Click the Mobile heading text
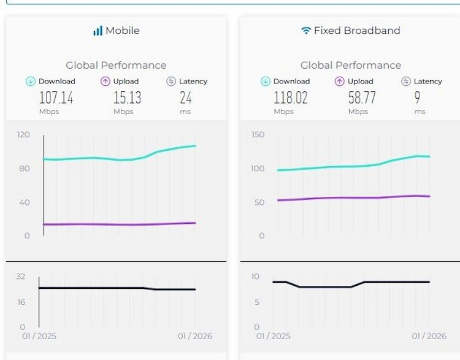(123, 31)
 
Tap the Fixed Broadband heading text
(357, 31)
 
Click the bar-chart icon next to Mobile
(98, 31)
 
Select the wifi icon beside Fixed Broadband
(306, 31)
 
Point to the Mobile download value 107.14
(56, 98)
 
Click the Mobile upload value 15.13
(128, 98)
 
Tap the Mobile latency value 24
(186, 98)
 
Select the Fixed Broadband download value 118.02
(291, 98)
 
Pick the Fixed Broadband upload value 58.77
(362, 98)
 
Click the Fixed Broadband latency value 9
(418, 98)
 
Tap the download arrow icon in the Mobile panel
(30, 81)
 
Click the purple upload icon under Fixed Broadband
(340, 81)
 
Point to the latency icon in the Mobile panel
(171, 81)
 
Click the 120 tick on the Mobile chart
(23, 134)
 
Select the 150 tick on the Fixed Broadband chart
(258, 134)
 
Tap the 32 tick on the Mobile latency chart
(20, 277)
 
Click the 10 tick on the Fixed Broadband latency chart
(256, 277)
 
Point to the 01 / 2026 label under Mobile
(195, 336)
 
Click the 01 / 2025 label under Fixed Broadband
(273, 336)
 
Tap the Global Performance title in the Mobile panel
(116, 65)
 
